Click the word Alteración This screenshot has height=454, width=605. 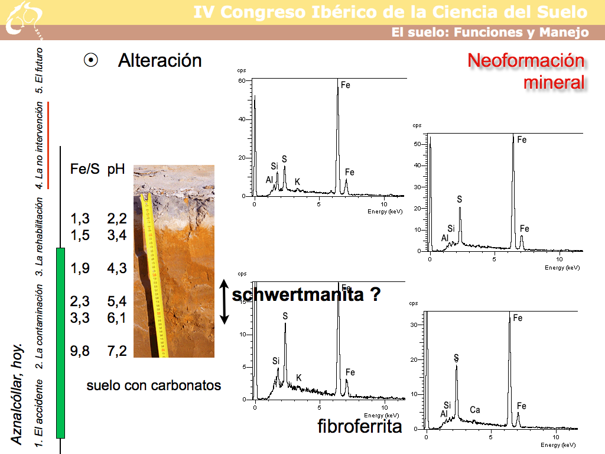point(160,60)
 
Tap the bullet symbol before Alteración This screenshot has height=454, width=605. point(91,60)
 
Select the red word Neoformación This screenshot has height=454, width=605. point(525,61)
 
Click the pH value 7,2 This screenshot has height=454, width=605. point(117,351)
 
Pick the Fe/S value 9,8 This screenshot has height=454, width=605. point(80,351)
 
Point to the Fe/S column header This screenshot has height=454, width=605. point(84,169)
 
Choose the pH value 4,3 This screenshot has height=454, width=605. point(117,268)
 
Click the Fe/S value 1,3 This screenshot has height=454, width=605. point(80,219)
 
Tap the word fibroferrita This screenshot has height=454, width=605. point(359,426)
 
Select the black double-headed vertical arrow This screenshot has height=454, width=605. point(224,301)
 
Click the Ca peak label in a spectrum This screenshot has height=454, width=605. point(475,410)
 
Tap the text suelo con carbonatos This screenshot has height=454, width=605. point(154,385)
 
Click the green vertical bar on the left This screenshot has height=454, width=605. point(60,343)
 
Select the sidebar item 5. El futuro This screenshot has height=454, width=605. point(39,66)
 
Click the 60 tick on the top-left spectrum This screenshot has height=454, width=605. point(242,81)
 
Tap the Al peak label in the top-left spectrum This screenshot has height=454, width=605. point(269,180)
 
